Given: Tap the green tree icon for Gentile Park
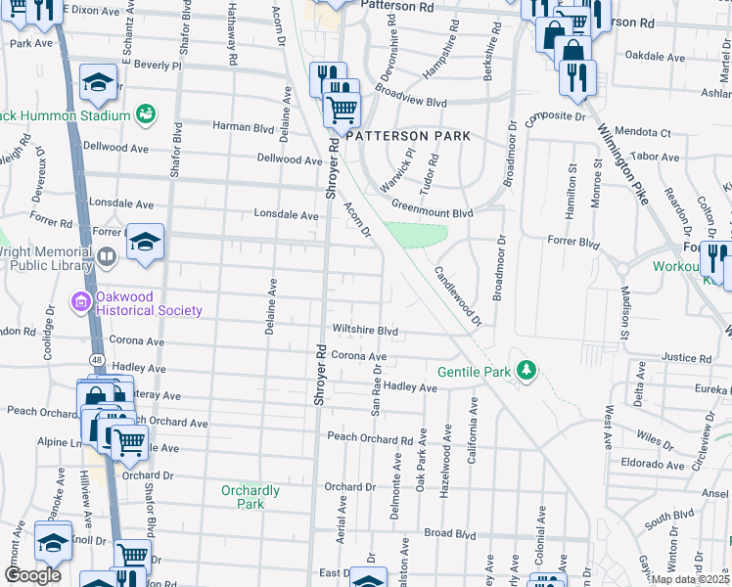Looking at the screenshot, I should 527,370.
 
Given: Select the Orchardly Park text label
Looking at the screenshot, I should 251,497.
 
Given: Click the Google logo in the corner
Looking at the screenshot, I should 32,574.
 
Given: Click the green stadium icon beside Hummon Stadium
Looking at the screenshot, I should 145,114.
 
